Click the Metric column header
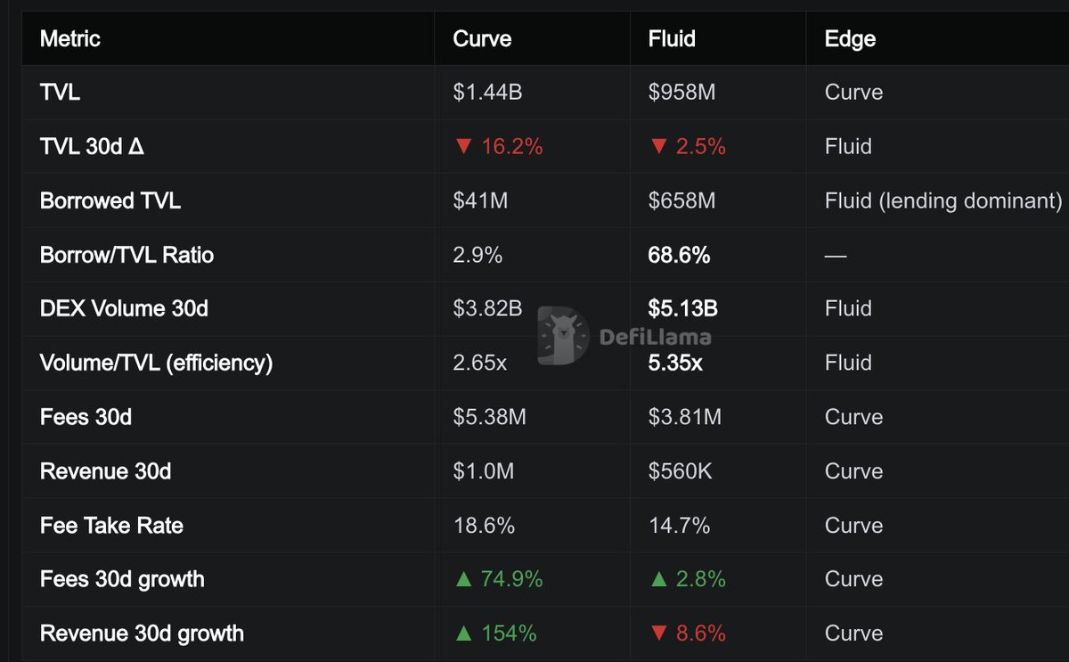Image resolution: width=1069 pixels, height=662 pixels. [x=70, y=38]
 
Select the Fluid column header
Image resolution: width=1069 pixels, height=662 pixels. [x=672, y=38]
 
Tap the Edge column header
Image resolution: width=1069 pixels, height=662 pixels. [x=850, y=39]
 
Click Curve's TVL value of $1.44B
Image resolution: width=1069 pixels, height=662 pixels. [x=487, y=92]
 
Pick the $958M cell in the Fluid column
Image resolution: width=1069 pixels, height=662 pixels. [x=681, y=92]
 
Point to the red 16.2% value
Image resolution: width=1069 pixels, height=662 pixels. [x=511, y=146]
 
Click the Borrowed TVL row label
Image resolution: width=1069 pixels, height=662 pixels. [x=110, y=200]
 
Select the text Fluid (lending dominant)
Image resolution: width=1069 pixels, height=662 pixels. [x=943, y=201]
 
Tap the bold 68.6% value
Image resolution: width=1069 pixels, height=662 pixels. [x=679, y=255]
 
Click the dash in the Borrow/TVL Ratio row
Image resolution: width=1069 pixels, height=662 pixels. [x=836, y=256]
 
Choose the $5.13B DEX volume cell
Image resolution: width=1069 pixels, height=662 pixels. [x=682, y=309]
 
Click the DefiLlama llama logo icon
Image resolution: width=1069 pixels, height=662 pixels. [x=563, y=335]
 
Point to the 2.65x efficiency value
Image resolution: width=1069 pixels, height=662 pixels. [x=479, y=363]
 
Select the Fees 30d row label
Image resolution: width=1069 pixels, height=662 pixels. [x=86, y=417]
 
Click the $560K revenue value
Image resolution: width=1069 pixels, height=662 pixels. [x=680, y=471]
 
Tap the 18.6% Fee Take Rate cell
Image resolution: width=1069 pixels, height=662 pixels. [x=484, y=526]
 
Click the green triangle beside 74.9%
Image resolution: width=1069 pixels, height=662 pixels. [x=463, y=579]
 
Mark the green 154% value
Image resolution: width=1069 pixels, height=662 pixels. [x=509, y=633]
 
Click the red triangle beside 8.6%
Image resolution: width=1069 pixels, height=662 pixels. [x=658, y=633]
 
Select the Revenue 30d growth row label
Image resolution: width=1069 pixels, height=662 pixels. [x=142, y=633]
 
